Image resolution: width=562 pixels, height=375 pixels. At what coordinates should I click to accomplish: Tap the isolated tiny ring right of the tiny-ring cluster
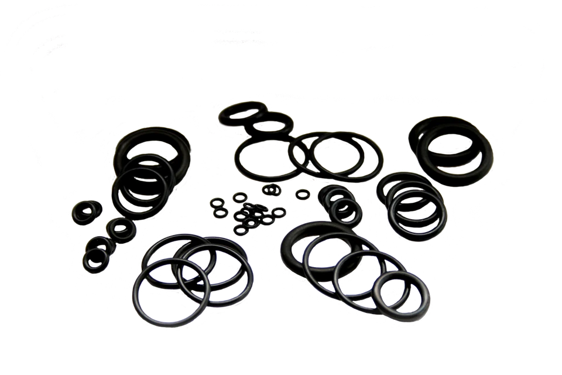(302, 194)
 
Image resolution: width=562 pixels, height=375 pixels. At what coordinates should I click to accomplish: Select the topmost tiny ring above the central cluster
(271, 190)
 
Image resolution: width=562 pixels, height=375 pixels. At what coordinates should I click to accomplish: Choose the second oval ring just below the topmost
(252, 127)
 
